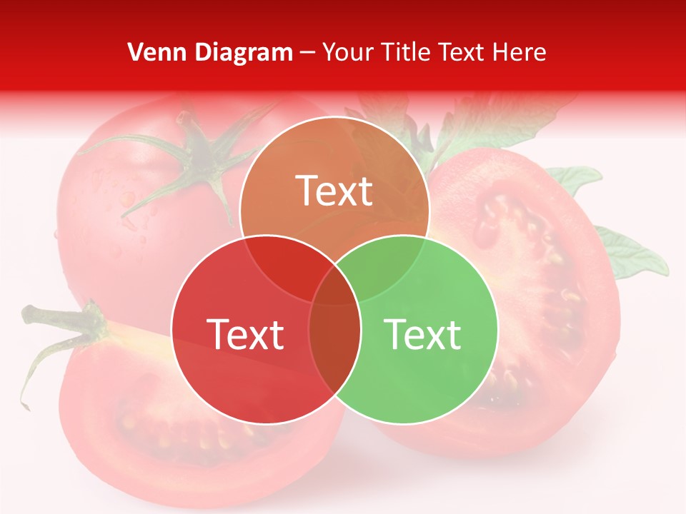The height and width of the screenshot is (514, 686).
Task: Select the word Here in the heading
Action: coord(520,52)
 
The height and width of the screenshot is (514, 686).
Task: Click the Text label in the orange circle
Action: coord(334,191)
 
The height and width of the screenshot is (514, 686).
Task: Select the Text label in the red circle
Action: coord(245,334)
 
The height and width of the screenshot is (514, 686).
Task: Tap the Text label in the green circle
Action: coord(423,334)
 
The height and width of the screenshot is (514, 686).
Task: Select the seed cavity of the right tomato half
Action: coord(529,286)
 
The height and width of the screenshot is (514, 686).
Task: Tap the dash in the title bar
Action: coord(307,52)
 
